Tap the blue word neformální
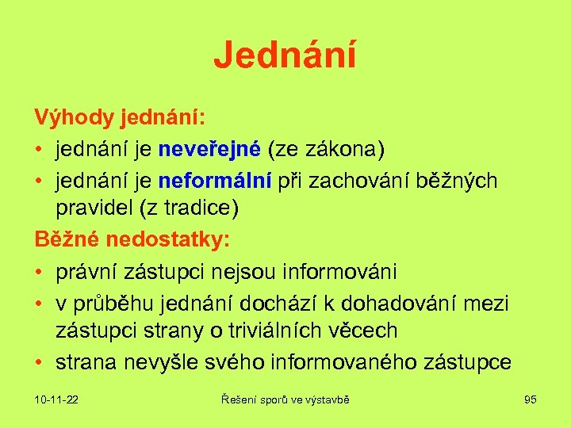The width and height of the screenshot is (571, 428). [x=214, y=181]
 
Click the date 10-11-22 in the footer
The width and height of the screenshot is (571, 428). [x=56, y=399]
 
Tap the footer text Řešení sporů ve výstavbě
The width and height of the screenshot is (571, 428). [x=285, y=399]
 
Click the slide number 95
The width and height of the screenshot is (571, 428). [x=531, y=399]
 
